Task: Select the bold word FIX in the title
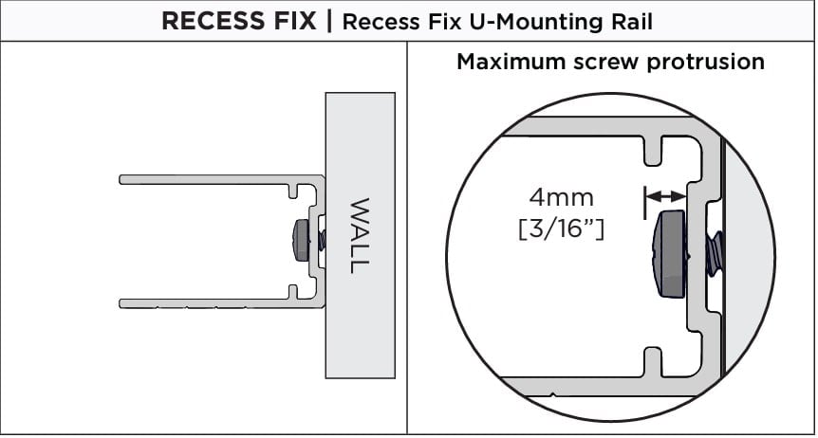(x=292, y=21)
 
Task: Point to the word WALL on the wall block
(x=358, y=235)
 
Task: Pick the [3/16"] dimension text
(x=562, y=228)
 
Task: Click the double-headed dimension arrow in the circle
(x=664, y=196)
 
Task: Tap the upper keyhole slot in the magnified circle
(x=652, y=149)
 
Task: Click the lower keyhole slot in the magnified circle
(x=652, y=359)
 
